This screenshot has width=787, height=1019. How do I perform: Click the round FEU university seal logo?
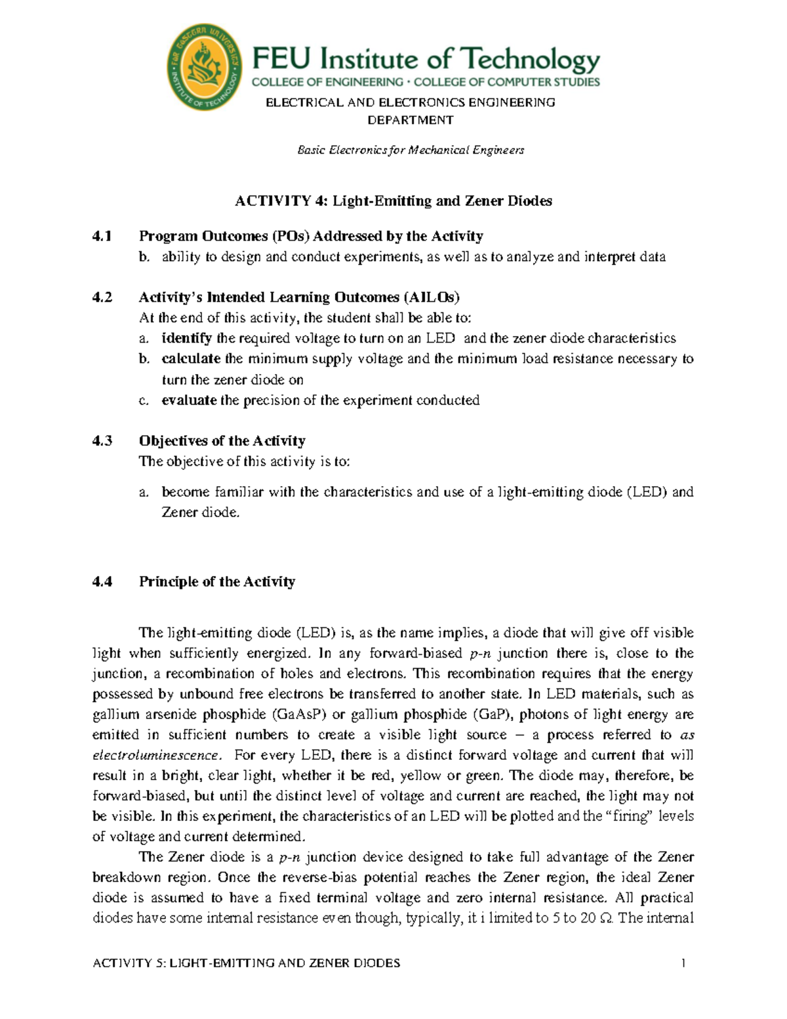204,69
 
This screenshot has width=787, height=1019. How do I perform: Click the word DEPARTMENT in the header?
410,120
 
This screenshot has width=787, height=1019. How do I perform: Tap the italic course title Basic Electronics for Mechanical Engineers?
411,150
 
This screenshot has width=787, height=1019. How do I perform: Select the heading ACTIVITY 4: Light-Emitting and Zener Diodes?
393,201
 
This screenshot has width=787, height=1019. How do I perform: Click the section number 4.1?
102,236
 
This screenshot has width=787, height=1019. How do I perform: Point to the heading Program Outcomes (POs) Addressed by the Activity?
311,236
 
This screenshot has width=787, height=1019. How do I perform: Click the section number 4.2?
102,297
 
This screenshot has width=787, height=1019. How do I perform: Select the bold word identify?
186,339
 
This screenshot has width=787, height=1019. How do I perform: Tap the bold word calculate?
191,359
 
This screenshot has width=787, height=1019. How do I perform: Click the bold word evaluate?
189,400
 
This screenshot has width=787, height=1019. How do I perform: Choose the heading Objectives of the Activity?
222,441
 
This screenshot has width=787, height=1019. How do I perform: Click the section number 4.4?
102,582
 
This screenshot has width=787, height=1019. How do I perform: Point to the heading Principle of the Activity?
217,582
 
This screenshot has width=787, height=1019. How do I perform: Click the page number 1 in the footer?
683,963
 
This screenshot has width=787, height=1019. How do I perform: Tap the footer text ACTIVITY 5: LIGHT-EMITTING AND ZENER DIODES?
247,963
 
